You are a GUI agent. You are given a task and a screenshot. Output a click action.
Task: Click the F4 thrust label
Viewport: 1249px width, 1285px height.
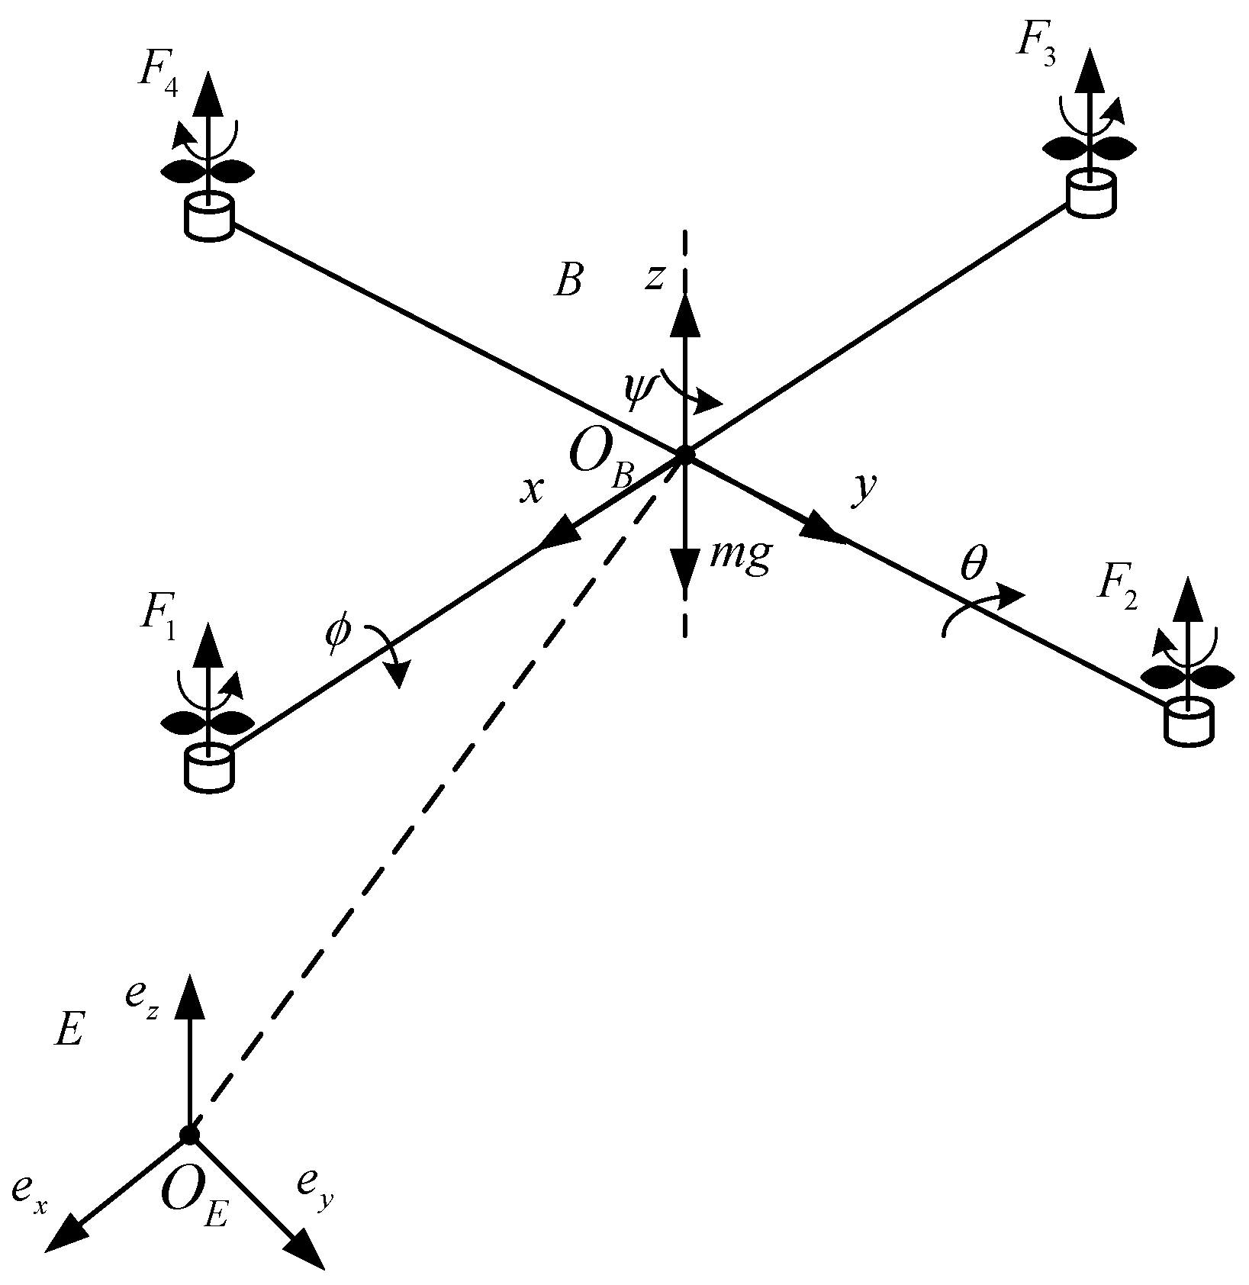[x=157, y=74]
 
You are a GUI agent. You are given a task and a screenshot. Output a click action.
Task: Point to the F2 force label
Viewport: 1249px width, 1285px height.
[x=1117, y=588]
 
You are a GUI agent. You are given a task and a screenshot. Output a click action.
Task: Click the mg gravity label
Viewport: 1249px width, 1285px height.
[x=739, y=556]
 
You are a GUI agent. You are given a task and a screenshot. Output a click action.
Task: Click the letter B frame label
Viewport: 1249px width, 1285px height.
[x=568, y=283]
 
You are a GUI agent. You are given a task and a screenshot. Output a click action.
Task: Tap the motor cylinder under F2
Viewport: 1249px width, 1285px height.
[x=1189, y=721]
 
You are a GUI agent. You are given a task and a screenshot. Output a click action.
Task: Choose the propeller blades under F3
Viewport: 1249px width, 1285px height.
[x=1089, y=148]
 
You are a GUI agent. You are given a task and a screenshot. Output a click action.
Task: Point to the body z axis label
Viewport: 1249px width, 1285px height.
[x=654, y=276]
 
